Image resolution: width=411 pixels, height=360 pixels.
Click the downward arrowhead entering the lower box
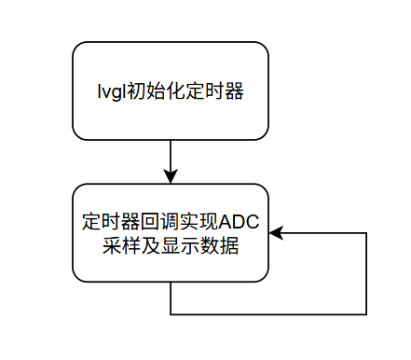(171, 176)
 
